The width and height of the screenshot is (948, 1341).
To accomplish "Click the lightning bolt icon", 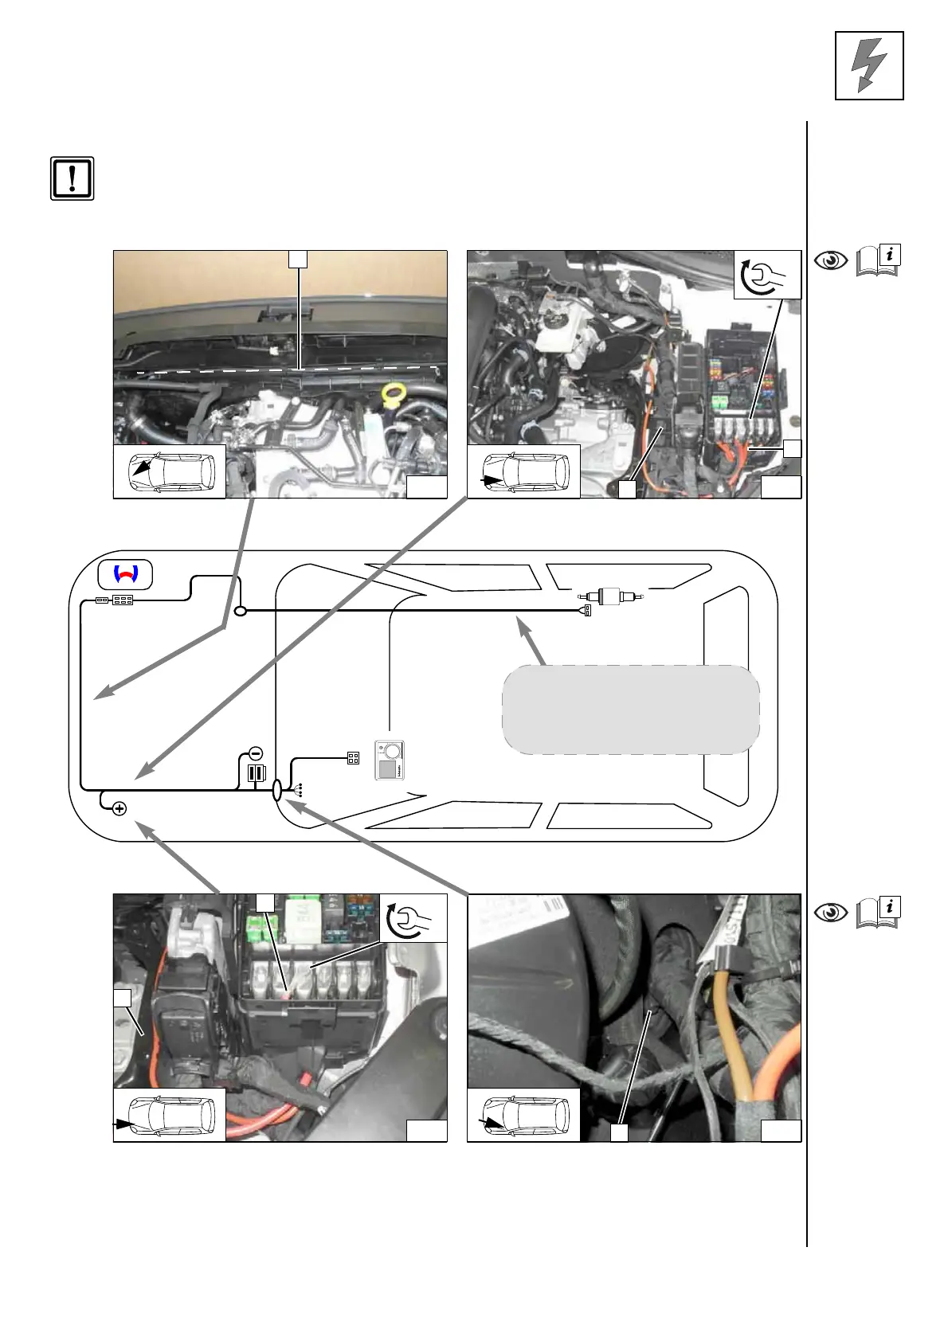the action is (868, 65).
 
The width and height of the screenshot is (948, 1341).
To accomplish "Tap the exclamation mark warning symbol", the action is (72, 178).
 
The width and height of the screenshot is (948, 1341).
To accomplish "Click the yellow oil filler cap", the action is (392, 393).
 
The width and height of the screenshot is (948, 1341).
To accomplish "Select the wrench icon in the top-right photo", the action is (766, 275).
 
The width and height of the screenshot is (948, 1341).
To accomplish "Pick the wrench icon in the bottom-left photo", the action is (413, 918).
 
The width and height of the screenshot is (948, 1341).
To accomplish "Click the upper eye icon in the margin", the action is (831, 260).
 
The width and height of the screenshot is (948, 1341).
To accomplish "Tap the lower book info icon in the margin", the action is (877, 912).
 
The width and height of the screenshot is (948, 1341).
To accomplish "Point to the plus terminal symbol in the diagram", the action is (119, 809).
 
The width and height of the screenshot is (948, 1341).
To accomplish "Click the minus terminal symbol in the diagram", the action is (256, 753).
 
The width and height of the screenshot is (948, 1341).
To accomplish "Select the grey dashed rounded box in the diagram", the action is (630, 710).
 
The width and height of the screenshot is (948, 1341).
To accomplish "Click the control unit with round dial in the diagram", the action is (390, 760).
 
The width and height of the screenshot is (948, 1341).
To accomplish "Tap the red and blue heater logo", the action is (125, 574).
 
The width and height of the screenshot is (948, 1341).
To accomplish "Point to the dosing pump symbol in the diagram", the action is (611, 595).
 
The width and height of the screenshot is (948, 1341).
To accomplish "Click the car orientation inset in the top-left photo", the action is (170, 471).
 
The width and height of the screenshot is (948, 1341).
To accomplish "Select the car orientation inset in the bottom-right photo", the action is (523, 1115).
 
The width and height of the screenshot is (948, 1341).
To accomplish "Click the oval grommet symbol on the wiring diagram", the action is (277, 791).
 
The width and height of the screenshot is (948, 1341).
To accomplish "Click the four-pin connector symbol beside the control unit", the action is (353, 759).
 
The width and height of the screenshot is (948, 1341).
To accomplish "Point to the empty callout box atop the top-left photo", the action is (297, 259).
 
